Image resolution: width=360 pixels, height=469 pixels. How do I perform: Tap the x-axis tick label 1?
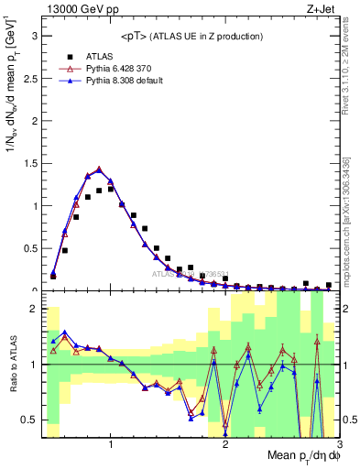point(111,445)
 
